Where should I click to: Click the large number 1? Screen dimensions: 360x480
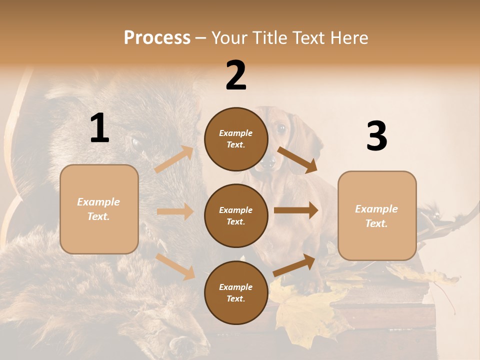click(99, 128)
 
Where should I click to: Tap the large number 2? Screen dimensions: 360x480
click(236, 75)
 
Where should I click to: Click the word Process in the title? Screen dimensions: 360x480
click(157, 37)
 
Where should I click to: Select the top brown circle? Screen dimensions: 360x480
click(236, 139)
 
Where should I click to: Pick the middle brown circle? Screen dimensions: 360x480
click(236, 215)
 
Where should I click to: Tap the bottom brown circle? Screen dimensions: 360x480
click(236, 292)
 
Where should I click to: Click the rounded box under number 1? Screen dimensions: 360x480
click(99, 209)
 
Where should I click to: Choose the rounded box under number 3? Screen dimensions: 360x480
click(376, 216)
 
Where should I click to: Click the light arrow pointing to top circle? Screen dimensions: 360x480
click(174, 159)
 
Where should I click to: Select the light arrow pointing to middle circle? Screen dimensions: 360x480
click(175, 211)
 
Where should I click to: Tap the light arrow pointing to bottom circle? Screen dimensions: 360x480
click(175, 266)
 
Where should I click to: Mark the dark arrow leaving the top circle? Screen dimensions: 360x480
click(297, 160)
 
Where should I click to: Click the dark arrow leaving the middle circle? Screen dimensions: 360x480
click(296, 210)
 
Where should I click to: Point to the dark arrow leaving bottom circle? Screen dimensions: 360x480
click(294, 265)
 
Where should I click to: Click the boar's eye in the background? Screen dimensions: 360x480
click(135, 143)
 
